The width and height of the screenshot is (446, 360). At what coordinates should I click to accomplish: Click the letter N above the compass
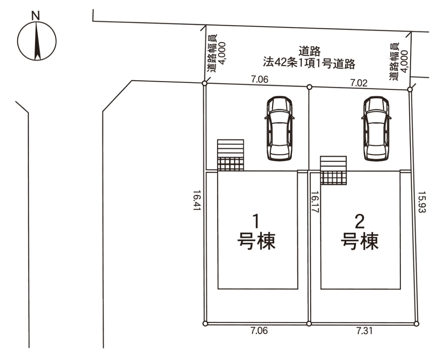pyautogui.click(x=36, y=16)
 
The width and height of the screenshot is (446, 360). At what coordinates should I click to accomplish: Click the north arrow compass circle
pyautogui.click(x=36, y=41)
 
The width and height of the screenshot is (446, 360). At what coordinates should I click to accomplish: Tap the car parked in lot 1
pyautogui.click(x=279, y=129)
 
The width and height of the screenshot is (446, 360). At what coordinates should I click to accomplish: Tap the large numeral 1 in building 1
pyautogui.click(x=256, y=221)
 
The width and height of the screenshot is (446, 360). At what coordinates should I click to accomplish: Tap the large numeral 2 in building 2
pyautogui.click(x=359, y=221)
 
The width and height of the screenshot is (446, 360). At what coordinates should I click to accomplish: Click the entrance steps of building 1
pyautogui.click(x=231, y=155)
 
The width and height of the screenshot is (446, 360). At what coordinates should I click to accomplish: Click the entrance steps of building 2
pyautogui.click(x=334, y=171)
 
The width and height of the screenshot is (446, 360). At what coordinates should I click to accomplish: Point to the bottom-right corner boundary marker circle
pyautogui.click(x=416, y=324)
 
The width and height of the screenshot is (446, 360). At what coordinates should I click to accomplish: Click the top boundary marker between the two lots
pyautogui.click(x=309, y=87)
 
